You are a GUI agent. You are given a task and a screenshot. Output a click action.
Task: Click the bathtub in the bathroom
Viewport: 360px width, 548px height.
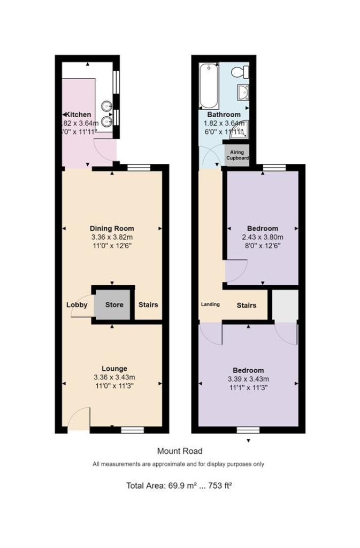(x=208, y=86)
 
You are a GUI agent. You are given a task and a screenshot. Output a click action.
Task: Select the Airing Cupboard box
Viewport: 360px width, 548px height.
(x=236, y=155)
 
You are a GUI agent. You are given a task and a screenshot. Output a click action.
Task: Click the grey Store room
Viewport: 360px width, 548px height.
(x=113, y=305)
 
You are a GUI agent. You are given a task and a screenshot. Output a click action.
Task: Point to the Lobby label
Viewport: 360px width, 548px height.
(x=76, y=305)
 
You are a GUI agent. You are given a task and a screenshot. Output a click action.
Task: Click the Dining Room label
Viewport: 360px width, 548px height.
(x=112, y=228)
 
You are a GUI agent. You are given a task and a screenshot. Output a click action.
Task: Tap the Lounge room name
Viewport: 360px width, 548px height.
(x=114, y=368)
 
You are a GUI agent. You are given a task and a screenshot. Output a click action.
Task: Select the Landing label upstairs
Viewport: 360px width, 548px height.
(x=210, y=305)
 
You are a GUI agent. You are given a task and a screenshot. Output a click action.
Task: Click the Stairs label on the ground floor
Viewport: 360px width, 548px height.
(x=148, y=305)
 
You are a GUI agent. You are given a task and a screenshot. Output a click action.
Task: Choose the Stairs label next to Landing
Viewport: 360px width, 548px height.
(x=247, y=306)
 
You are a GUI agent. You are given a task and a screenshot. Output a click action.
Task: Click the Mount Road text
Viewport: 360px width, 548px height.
(x=180, y=451)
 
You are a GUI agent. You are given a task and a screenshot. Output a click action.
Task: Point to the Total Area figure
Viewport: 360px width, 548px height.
(x=180, y=486)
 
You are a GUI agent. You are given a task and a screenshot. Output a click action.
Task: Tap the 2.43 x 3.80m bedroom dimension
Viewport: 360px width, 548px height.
(x=262, y=237)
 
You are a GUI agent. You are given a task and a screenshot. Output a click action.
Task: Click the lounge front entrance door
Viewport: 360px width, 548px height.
(x=79, y=418)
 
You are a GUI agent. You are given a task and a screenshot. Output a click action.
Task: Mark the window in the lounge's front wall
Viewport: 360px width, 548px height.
(x=132, y=429)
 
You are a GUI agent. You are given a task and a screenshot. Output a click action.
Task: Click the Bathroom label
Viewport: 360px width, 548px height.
(x=224, y=115)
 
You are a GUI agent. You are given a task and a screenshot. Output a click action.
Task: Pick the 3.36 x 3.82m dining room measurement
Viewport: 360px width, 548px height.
(x=112, y=237)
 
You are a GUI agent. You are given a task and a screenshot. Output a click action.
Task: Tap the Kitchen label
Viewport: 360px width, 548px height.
(x=78, y=115)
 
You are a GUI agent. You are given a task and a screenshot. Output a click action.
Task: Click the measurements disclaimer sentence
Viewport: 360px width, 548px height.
(x=179, y=464)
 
